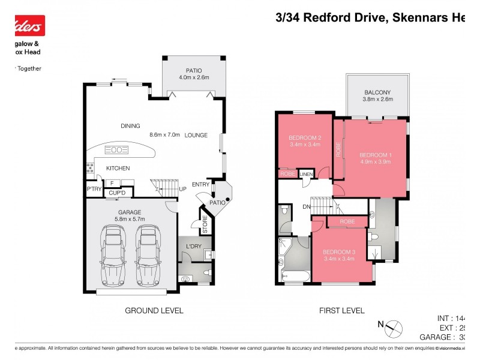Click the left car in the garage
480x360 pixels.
tap(113, 254)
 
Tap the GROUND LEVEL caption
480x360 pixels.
tap(154, 310)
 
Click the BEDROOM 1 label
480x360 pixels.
tap(374, 155)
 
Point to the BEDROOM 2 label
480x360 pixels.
tap(305, 137)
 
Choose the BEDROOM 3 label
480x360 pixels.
tap(339, 251)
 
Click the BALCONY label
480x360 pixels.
tap(377, 92)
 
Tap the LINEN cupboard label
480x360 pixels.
tap(307, 174)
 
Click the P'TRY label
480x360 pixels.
tap(94, 190)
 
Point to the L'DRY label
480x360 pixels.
tap(193, 247)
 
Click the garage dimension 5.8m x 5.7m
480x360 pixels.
tap(129, 220)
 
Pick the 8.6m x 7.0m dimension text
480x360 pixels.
tap(164, 135)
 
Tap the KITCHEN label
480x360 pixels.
tap(118, 169)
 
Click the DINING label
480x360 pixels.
tap(130, 126)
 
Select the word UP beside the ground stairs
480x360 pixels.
tap(183, 189)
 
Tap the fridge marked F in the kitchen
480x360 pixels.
tap(112, 183)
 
